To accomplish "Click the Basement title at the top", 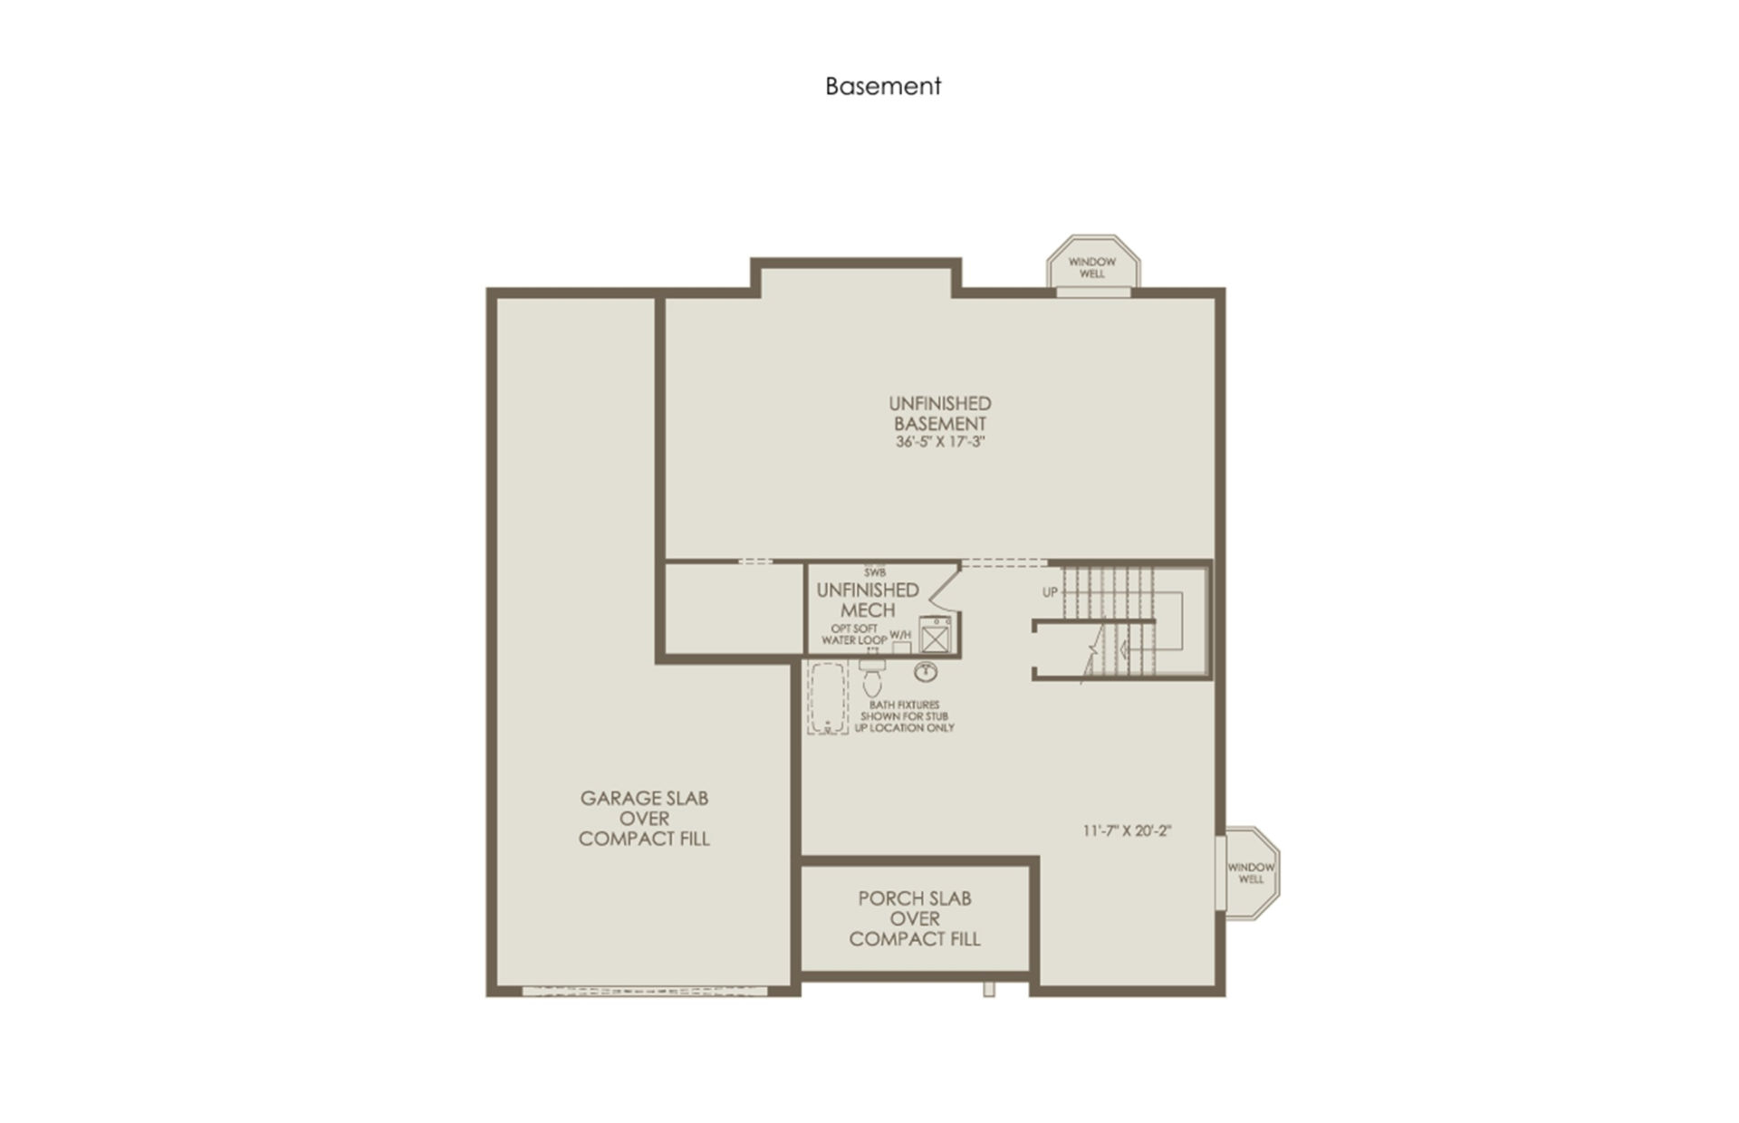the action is (883, 86).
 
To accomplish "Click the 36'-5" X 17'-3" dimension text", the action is (940, 443).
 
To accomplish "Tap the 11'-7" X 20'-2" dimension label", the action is (1128, 830).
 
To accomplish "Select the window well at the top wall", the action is (1093, 264).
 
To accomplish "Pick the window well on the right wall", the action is (1250, 873).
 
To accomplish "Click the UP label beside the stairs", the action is (1050, 592).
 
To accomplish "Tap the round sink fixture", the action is (926, 672).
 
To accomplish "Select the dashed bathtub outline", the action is (828, 697).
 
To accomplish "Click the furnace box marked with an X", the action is (934, 634).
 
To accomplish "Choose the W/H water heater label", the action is (900, 635).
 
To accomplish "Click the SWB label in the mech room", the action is (874, 572).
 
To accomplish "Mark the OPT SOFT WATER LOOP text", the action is (854, 634).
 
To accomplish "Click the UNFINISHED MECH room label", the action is (868, 600).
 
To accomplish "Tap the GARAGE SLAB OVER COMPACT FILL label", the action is (644, 819).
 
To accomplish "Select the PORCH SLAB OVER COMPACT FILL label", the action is (915, 918).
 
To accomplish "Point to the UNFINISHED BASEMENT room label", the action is (940, 413).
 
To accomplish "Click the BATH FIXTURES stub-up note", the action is (905, 716).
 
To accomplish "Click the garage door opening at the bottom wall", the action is (645, 992).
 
